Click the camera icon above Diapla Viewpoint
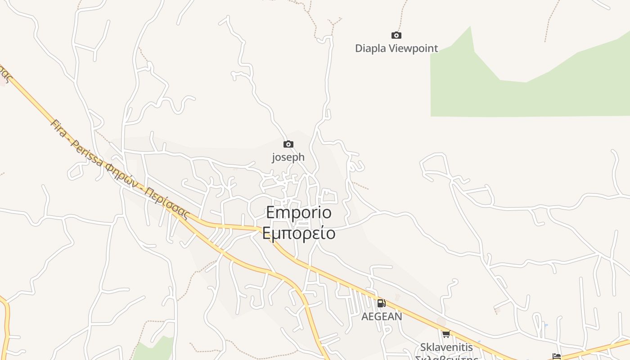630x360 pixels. coord(396,35)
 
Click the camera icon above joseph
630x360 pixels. coord(288,144)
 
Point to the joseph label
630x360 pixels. coord(288,157)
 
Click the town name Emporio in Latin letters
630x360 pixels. coord(299,212)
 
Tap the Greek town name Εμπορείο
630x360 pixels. coord(299,233)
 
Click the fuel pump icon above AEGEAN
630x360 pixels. coord(381,303)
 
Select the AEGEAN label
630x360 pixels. coord(382,316)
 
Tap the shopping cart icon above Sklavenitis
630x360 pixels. coord(446,334)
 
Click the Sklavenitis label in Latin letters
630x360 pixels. coord(446,347)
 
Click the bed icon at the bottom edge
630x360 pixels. coord(557,357)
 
